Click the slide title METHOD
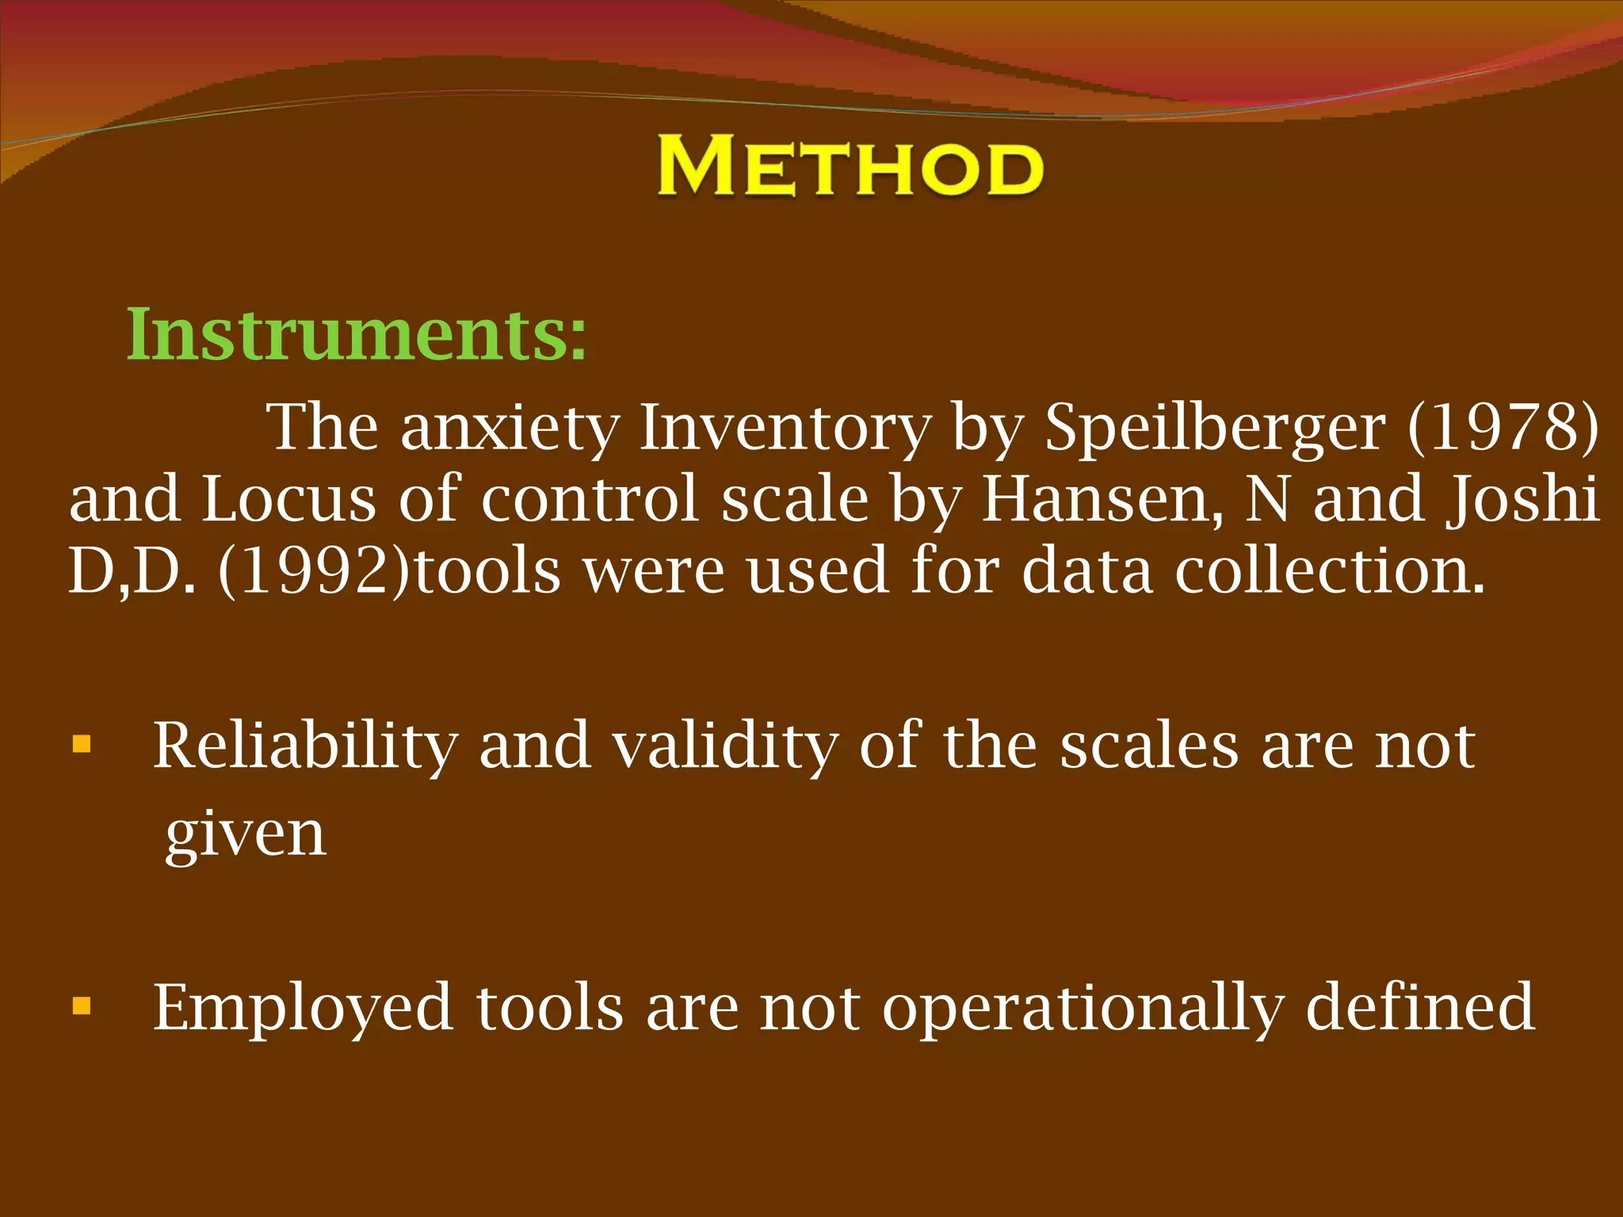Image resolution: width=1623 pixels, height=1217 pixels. [850, 166]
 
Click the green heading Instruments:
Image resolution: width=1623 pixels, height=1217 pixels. [357, 335]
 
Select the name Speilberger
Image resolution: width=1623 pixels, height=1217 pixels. [1215, 428]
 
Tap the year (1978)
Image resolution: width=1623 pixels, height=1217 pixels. [1503, 428]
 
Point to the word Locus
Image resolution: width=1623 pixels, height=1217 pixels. [288, 499]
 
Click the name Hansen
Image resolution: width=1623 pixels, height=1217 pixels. [1102, 499]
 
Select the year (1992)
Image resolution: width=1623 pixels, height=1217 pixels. [314, 570]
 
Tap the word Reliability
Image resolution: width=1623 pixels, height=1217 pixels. [305, 746]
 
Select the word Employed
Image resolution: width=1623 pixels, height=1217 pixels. [303, 1008]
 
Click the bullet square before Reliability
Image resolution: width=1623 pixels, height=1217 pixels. [82, 745]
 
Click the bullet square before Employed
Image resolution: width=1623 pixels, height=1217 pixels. [82, 1007]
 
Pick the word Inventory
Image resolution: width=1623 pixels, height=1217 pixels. [785, 428]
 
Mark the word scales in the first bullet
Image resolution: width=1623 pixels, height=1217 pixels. [1149, 746]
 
